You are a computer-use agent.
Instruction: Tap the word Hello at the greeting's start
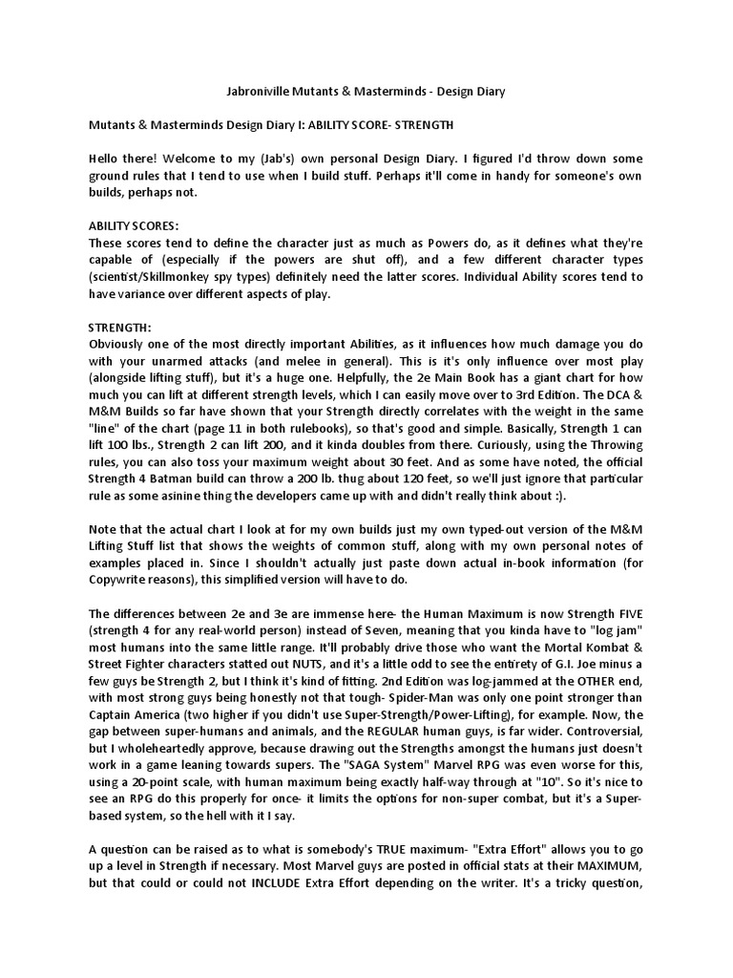pyautogui.click(x=108, y=158)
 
